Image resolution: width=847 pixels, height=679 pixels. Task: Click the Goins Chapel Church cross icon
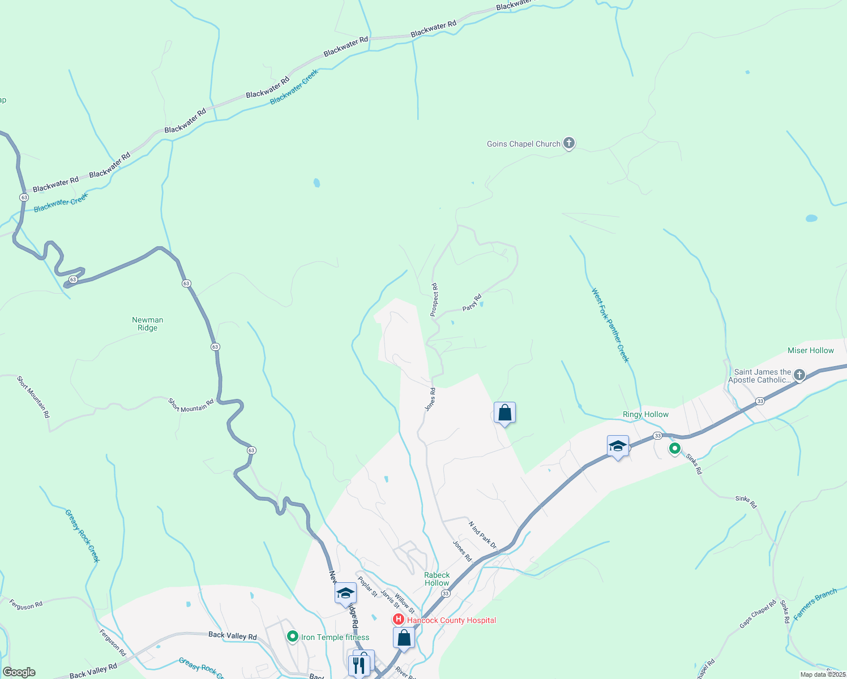(569, 143)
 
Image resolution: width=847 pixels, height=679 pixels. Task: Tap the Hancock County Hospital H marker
(399, 620)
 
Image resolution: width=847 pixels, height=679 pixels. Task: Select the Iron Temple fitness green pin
(292, 637)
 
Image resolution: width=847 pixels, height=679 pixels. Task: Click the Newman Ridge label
(147, 324)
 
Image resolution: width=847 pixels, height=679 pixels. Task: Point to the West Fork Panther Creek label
(610, 325)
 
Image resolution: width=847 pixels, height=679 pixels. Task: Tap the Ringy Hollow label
(645, 414)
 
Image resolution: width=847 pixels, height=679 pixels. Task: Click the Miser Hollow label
(810, 350)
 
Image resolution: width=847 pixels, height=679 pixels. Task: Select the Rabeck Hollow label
(437, 579)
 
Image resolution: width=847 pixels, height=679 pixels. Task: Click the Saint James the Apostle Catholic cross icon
(799, 375)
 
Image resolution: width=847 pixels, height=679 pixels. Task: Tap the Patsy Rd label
(472, 302)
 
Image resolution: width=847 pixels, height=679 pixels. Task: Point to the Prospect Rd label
(434, 300)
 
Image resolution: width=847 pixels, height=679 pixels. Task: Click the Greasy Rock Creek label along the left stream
(82, 535)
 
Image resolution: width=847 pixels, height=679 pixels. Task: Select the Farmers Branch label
(815, 604)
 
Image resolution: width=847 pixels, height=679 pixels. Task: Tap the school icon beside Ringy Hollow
(618, 446)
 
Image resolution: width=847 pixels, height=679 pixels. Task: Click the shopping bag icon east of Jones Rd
(504, 413)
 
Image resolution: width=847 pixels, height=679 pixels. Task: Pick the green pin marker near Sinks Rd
(674, 449)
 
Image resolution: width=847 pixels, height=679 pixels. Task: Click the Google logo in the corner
(19, 672)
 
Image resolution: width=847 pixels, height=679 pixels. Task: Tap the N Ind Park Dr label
(482, 535)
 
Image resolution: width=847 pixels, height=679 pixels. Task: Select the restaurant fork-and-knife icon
(358, 665)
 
